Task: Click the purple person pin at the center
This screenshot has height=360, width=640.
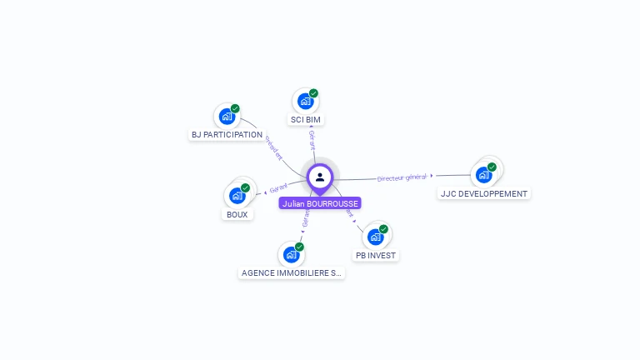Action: coord(320,177)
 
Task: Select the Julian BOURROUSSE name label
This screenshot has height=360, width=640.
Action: coord(320,203)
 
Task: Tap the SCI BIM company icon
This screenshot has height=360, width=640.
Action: coord(305,101)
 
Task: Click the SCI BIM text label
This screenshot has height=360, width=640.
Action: coord(305,120)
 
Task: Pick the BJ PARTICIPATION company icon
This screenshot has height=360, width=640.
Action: coord(227,116)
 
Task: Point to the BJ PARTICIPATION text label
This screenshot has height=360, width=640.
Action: coord(227,135)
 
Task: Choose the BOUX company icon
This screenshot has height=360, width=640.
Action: coord(237,196)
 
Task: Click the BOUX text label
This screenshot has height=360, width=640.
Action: coord(237,215)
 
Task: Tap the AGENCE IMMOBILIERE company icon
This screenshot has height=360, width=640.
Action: coord(291,254)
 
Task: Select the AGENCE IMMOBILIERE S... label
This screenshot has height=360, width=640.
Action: coord(291,273)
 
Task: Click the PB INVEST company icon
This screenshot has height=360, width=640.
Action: coord(375,237)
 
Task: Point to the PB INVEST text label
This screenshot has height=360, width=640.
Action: coord(376,256)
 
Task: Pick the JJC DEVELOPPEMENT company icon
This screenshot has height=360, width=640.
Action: coord(483,175)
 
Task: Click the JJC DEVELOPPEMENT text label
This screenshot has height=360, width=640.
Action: coord(484,194)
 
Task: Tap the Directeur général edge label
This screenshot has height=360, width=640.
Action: coord(402,177)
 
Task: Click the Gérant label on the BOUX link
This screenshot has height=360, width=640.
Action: coord(278,187)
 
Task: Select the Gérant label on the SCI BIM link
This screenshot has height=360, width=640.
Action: coord(312,139)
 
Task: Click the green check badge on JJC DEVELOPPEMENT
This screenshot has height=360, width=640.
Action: coord(492,167)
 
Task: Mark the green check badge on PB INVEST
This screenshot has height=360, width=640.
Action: coord(383,229)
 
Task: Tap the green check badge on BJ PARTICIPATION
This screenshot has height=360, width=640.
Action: coord(235,108)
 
